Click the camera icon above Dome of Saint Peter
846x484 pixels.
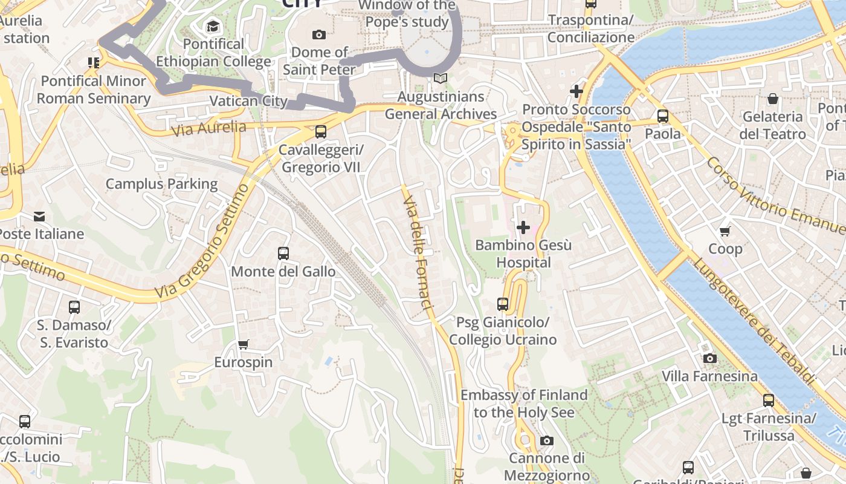[318, 34]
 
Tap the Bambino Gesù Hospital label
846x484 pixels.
[523, 254]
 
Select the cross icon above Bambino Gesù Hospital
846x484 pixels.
[523, 227]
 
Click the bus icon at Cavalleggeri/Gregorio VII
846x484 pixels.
[321, 131]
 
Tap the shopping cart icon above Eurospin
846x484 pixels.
[244, 345]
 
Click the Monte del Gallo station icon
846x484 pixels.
[283, 253]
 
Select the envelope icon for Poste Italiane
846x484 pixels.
[39, 216]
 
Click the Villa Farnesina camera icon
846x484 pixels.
[710, 358]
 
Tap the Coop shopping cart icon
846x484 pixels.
[725, 231]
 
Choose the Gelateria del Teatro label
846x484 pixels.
[773, 125]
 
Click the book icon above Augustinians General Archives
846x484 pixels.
[441, 79]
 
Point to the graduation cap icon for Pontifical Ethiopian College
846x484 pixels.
[213, 26]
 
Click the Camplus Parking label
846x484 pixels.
[161, 184]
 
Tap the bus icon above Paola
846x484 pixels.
[663, 116]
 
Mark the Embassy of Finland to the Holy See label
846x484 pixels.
[523, 404]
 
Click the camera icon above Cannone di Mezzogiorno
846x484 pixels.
[547, 440]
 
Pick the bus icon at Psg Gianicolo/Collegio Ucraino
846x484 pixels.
[503, 304]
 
